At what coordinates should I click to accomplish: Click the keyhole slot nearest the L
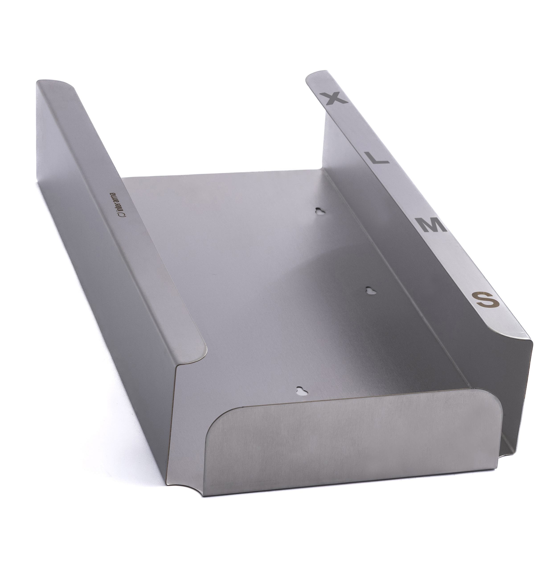320,211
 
